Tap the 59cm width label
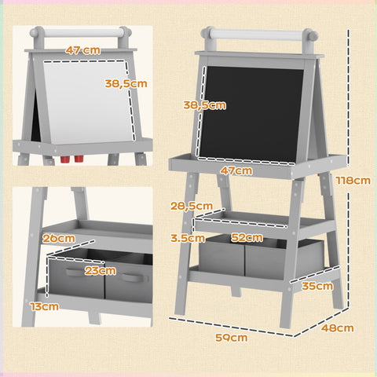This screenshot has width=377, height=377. point(232,338)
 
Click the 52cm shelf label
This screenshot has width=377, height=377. point(246,237)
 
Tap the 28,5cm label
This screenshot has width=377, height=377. point(191,206)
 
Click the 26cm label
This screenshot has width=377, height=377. point(59,238)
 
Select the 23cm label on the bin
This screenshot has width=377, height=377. point(101,271)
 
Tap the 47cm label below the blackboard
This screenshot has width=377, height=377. point(236,170)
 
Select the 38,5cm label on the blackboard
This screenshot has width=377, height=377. point(205,104)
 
